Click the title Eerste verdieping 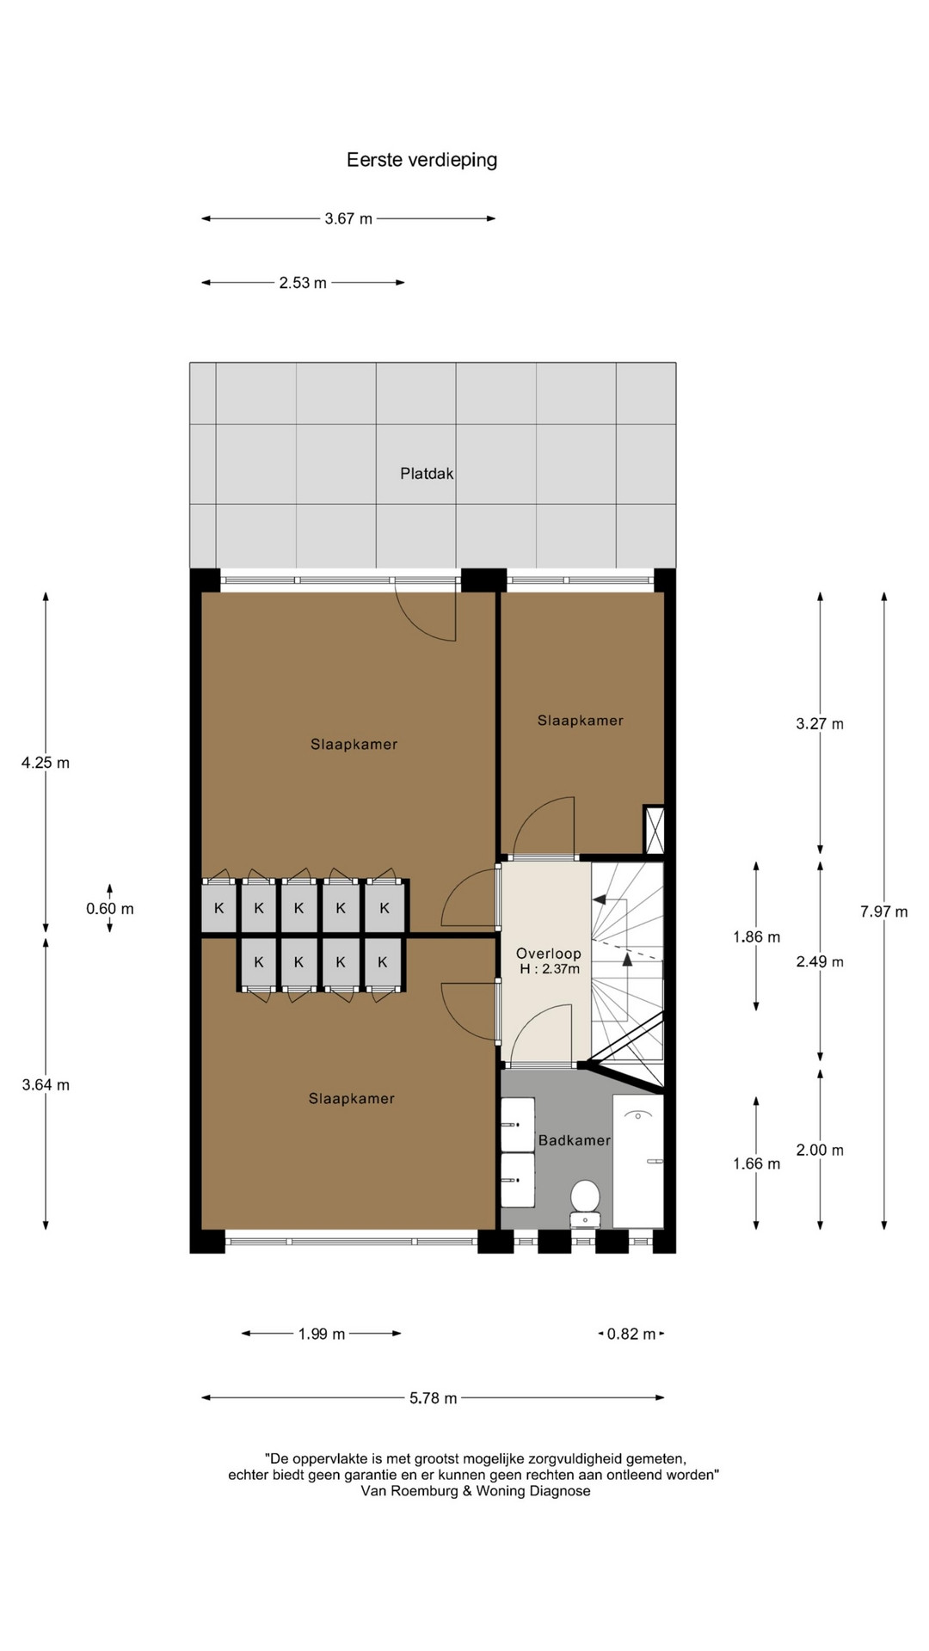(x=421, y=160)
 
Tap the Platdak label (x=427, y=473)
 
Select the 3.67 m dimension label (x=348, y=218)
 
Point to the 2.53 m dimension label (x=303, y=282)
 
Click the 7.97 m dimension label (x=884, y=911)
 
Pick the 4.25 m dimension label (x=46, y=763)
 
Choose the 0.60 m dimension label (x=110, y=909)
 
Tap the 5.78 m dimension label (x=433, y=1398)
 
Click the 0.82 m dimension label (x=631, y=1334)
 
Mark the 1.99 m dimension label (x=322, y=1334)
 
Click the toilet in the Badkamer (x=585, y=1201)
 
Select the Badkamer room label (x=574, y=1140)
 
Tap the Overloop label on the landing (x=549, y=954)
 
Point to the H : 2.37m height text (x=550, y=969)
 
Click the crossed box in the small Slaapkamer (x=655, y=830)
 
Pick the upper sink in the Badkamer (x=518, y=1124)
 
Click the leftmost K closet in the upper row (x=218, y=908)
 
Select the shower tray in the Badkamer (x=638, y=1161)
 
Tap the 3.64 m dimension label (x=46, y=1085)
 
